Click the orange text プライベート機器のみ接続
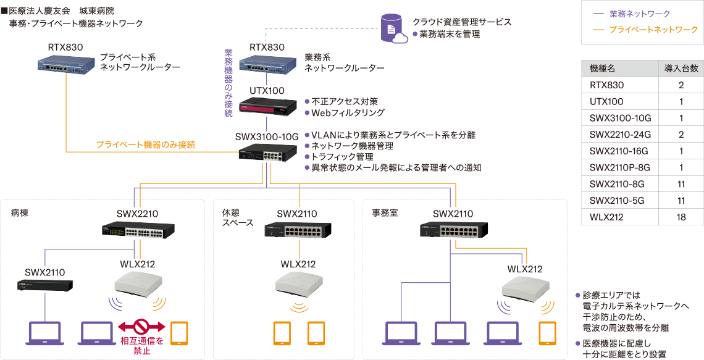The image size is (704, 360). pyautogui.click(x=146, y=144)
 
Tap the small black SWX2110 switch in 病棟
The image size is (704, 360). pyautogui.click(x=45, y=285)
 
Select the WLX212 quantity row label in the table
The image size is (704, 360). pyautogui.click(x=606, y=217)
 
